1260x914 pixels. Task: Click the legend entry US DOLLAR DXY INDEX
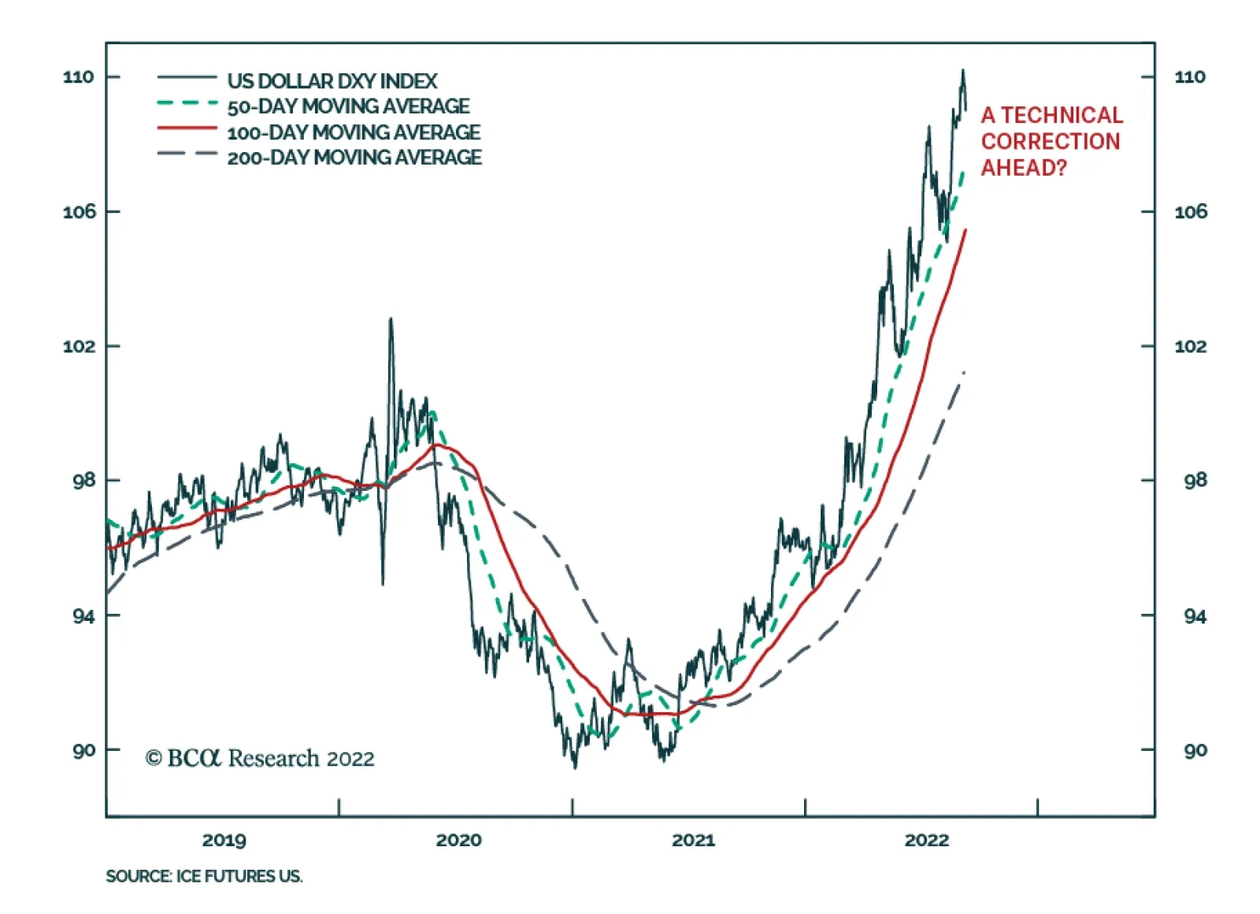(x=332, y=81)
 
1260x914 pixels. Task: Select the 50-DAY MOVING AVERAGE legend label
(x=348, y=106)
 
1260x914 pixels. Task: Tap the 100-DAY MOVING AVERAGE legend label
(x=354, y=132)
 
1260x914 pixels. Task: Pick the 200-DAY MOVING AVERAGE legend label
(x=354, y=158)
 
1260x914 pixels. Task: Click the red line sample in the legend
(x=187, y=128)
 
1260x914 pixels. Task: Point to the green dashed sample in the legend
(x=187, y=102)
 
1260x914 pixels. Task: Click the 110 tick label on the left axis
(x=78, y=77)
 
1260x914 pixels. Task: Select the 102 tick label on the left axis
(x=78, y=347)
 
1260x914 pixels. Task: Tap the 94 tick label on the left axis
(x=83, y=616)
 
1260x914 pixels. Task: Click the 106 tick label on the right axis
(x=1190, y=212)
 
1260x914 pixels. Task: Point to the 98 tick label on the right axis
(x=1195, y=481)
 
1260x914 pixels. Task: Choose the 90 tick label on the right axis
(x=1195, y=751)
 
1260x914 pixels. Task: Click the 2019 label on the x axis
(x=224, y=840)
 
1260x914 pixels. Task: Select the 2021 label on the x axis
(x=693, y=840)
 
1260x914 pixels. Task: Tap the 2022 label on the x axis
(x=927, y=840)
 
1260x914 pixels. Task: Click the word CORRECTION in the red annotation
(x=1051, y=142)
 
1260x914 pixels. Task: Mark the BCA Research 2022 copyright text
(x=260, y=758)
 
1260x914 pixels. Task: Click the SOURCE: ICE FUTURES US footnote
(x=204, y=876)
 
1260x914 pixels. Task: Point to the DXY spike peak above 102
(x=391, y=320)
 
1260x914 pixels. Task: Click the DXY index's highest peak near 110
(x=962, y=71)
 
